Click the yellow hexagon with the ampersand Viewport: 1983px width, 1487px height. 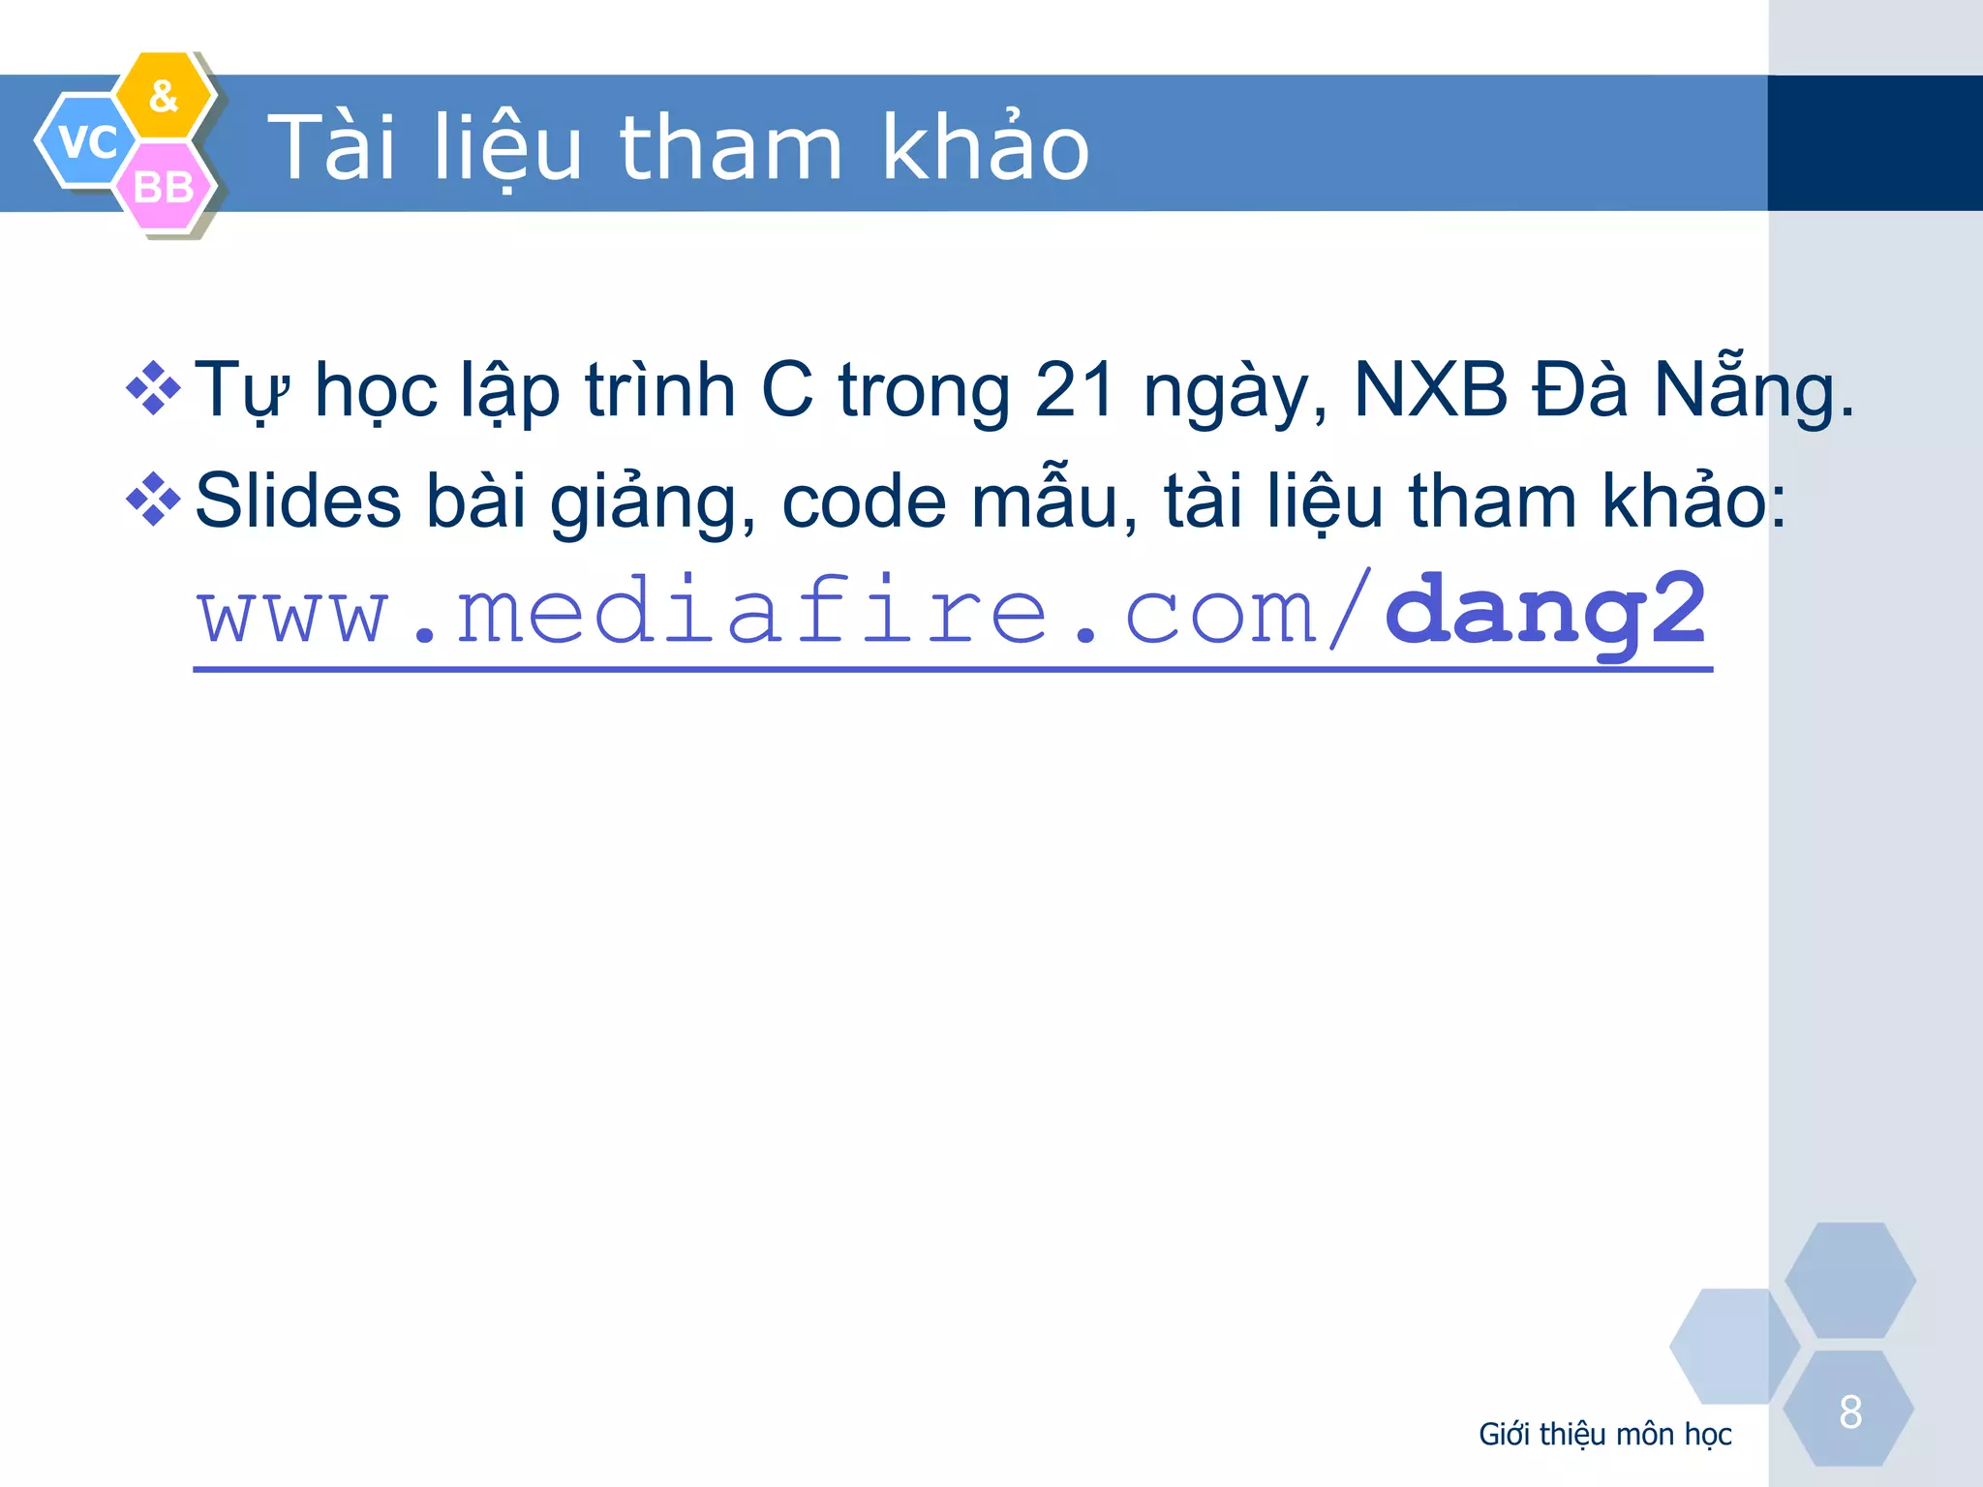click(165, 96)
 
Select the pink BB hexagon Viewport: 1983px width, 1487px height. click(163, 187)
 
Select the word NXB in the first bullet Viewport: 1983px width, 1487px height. click(1430, 390)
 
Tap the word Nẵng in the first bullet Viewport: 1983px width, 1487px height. click(1753, 390)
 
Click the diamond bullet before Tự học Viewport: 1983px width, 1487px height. click(153, 388)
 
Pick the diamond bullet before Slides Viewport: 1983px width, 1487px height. click(153, 500)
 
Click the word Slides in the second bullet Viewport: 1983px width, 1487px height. click(298, 501)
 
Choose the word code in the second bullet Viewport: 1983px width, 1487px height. click(864, 501)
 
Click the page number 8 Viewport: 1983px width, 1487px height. click(1850, 1411)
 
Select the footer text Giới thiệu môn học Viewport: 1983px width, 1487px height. click(1604, 1434)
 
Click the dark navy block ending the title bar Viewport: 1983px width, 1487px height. click(1875, 143)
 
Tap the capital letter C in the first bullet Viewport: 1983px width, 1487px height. click(786, 390)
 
